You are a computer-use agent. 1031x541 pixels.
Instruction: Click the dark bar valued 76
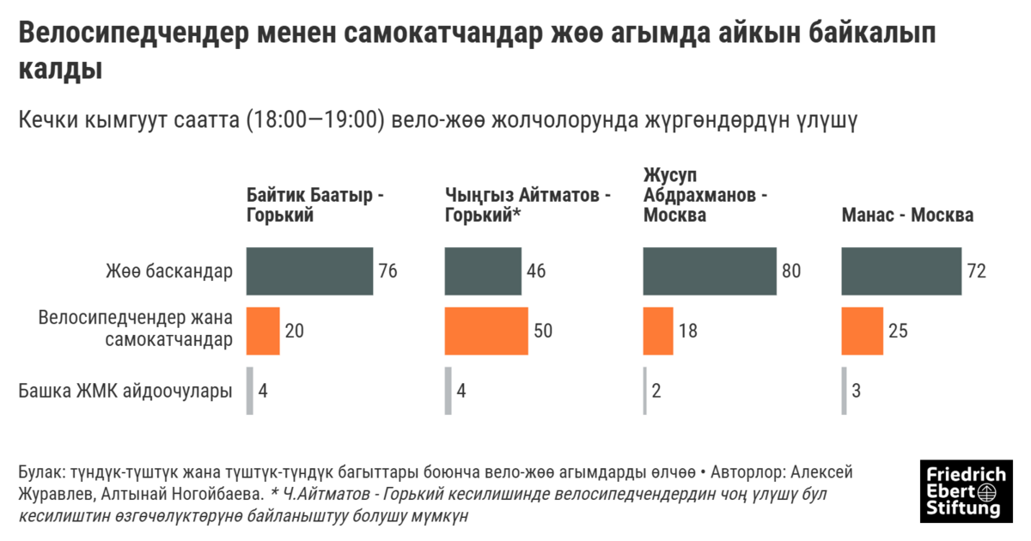click(x=309, y=271)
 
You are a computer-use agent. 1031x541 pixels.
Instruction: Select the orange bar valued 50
click(x=486, y=331)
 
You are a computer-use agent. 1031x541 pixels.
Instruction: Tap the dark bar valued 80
click(x=710, y=271)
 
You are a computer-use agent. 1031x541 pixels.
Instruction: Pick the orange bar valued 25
click(x=862, y=331)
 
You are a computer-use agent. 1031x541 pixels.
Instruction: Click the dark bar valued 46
click(x=483, y=271)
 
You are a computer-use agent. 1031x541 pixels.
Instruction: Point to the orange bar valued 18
click(x=658, y=331)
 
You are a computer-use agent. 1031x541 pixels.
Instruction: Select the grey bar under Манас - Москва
click(x=845, y=391)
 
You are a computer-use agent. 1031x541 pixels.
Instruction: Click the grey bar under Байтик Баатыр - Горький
click(x=250, y=391)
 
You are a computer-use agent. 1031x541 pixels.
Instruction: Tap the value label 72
click(x=976, y=271)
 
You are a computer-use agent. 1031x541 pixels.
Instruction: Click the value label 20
click(x=295, y=331)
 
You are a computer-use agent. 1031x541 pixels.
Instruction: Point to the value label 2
click(x=656, y=391)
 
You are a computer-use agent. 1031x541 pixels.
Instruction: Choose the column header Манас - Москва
click(x=907, y=215)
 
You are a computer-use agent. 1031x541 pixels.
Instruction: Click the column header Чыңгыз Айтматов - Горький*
click(x=527, y=205)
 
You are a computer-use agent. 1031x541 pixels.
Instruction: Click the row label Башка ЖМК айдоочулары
click(x=125, y=391)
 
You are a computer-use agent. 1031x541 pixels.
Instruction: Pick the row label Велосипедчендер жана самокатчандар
click(x=135, y=330)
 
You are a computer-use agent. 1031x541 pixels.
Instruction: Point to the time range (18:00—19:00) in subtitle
click(x=314, y=120)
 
